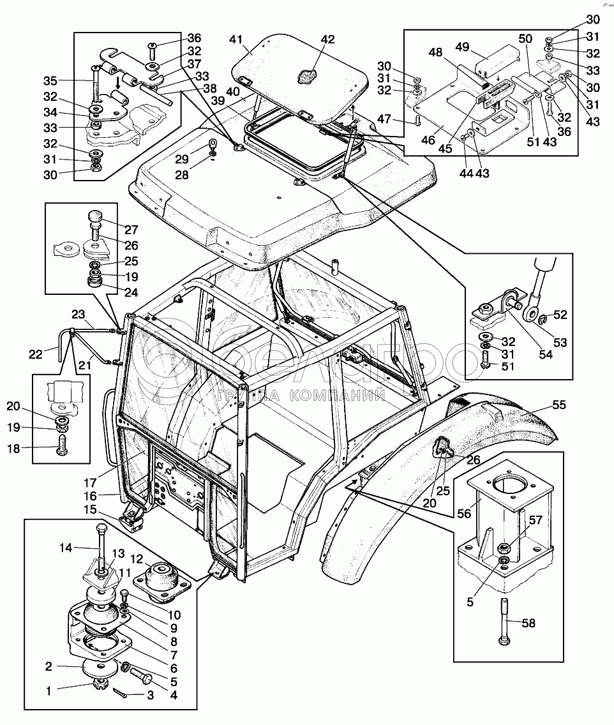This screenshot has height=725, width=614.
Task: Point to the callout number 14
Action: tap(68, 547)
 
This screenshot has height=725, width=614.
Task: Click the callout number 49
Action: tap(463, 47)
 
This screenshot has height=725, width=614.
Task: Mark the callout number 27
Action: tap(131, 230)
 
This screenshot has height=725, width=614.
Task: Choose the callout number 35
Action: tap(50, 80)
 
